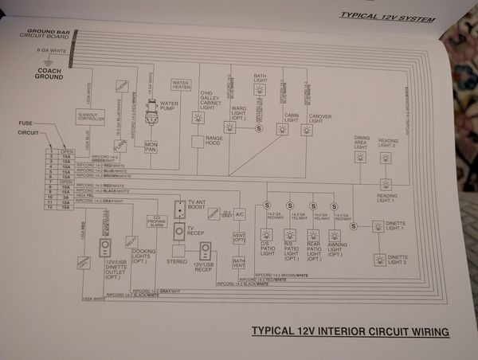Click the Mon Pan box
(x=151, y=146)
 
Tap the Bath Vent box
(x=238, y=262)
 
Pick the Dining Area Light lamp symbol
(x=361, y=157)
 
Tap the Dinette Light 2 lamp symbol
(x=379, y=260)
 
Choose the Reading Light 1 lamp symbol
(x=386, y=183)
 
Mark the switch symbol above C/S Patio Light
(x=267, y=205)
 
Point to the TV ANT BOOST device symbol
(x=180, y=207)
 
